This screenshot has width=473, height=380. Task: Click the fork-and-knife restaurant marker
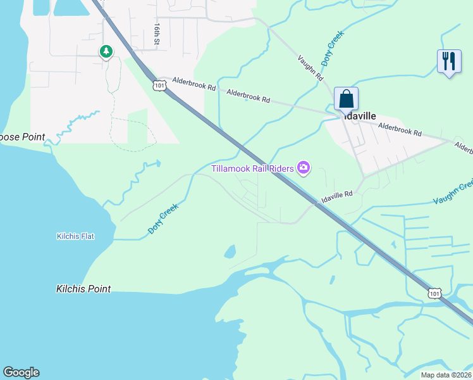click(x=449, y=62)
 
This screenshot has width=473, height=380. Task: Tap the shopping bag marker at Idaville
click(x=346, y=99)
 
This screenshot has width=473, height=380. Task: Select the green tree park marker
click(x=106, y=51)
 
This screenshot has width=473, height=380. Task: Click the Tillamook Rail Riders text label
click(x=252, y=168)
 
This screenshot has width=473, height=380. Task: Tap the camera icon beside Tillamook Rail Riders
click(x=304, y=167)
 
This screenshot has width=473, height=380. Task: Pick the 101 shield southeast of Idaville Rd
click(x=434, y=292)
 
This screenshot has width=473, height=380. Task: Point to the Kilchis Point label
click(x=83, y=289)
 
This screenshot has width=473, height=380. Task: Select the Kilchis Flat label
click(x=75, y=237)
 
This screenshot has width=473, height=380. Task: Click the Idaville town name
click(x=359, y=117)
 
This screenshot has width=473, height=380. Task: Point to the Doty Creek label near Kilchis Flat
click(x=163, y=219)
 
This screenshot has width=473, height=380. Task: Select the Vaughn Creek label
click(x=453, y=193)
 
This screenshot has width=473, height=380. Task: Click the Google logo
click(x=21, y=372)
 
